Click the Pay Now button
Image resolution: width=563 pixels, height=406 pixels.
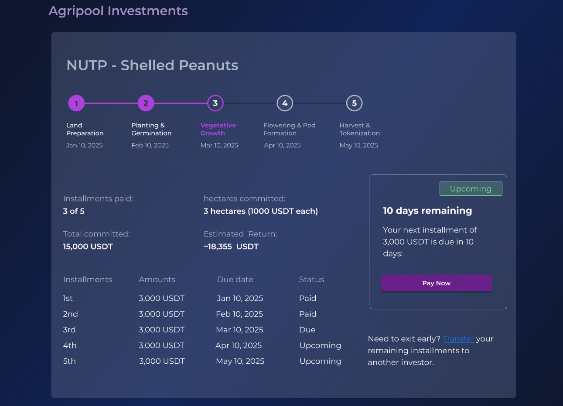pyautogui.click(x=437, y=283)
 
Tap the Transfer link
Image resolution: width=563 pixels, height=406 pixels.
pyautogui.click(x=458, y=339)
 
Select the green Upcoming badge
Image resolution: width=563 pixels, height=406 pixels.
pyautogui.click(x=471, y=189)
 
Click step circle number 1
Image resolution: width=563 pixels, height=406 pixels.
pyautogui.click(x=76, y=103)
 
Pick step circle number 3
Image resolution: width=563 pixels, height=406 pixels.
pyautogui.click(x=215, y=103)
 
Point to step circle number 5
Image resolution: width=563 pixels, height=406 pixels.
pyautogui.click(x=354, y=103)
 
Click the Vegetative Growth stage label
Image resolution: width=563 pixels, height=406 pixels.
pyautogui.click(x=218, y=129)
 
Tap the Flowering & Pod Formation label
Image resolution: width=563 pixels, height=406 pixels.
pyautogui.click(x=289, y=129)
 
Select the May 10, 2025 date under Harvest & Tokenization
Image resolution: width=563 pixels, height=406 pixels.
pyautogui.click(x=358, y=145)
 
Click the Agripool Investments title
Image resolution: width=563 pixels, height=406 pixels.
pyautogui.click(x=118, y=11)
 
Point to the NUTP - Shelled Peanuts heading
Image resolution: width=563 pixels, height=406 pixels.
pyautogui.click(x=152, y=65)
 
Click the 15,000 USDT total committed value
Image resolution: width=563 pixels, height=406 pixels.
pyautogui.click(x=88, y=246)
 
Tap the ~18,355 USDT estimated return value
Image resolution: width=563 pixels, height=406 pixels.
pyautogui.click(x=231, y=246)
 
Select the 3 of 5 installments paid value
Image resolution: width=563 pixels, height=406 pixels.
pyautogui.click(x=74, y=211)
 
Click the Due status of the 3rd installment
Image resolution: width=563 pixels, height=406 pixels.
pyautogui.click(x=307, y=330)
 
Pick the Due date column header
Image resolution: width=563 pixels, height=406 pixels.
pyautogui.click(x=235, y=280)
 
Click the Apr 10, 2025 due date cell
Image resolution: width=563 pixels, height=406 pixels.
pyautogui.click(x=239, y=345)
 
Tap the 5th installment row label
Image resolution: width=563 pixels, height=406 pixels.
pyautogui.click(x=69, y=361)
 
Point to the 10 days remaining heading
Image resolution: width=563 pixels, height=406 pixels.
pyautogui.click(x=427, y=211)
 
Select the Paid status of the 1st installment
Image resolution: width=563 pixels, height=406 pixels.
pyautogui.click(x=307, y=298)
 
